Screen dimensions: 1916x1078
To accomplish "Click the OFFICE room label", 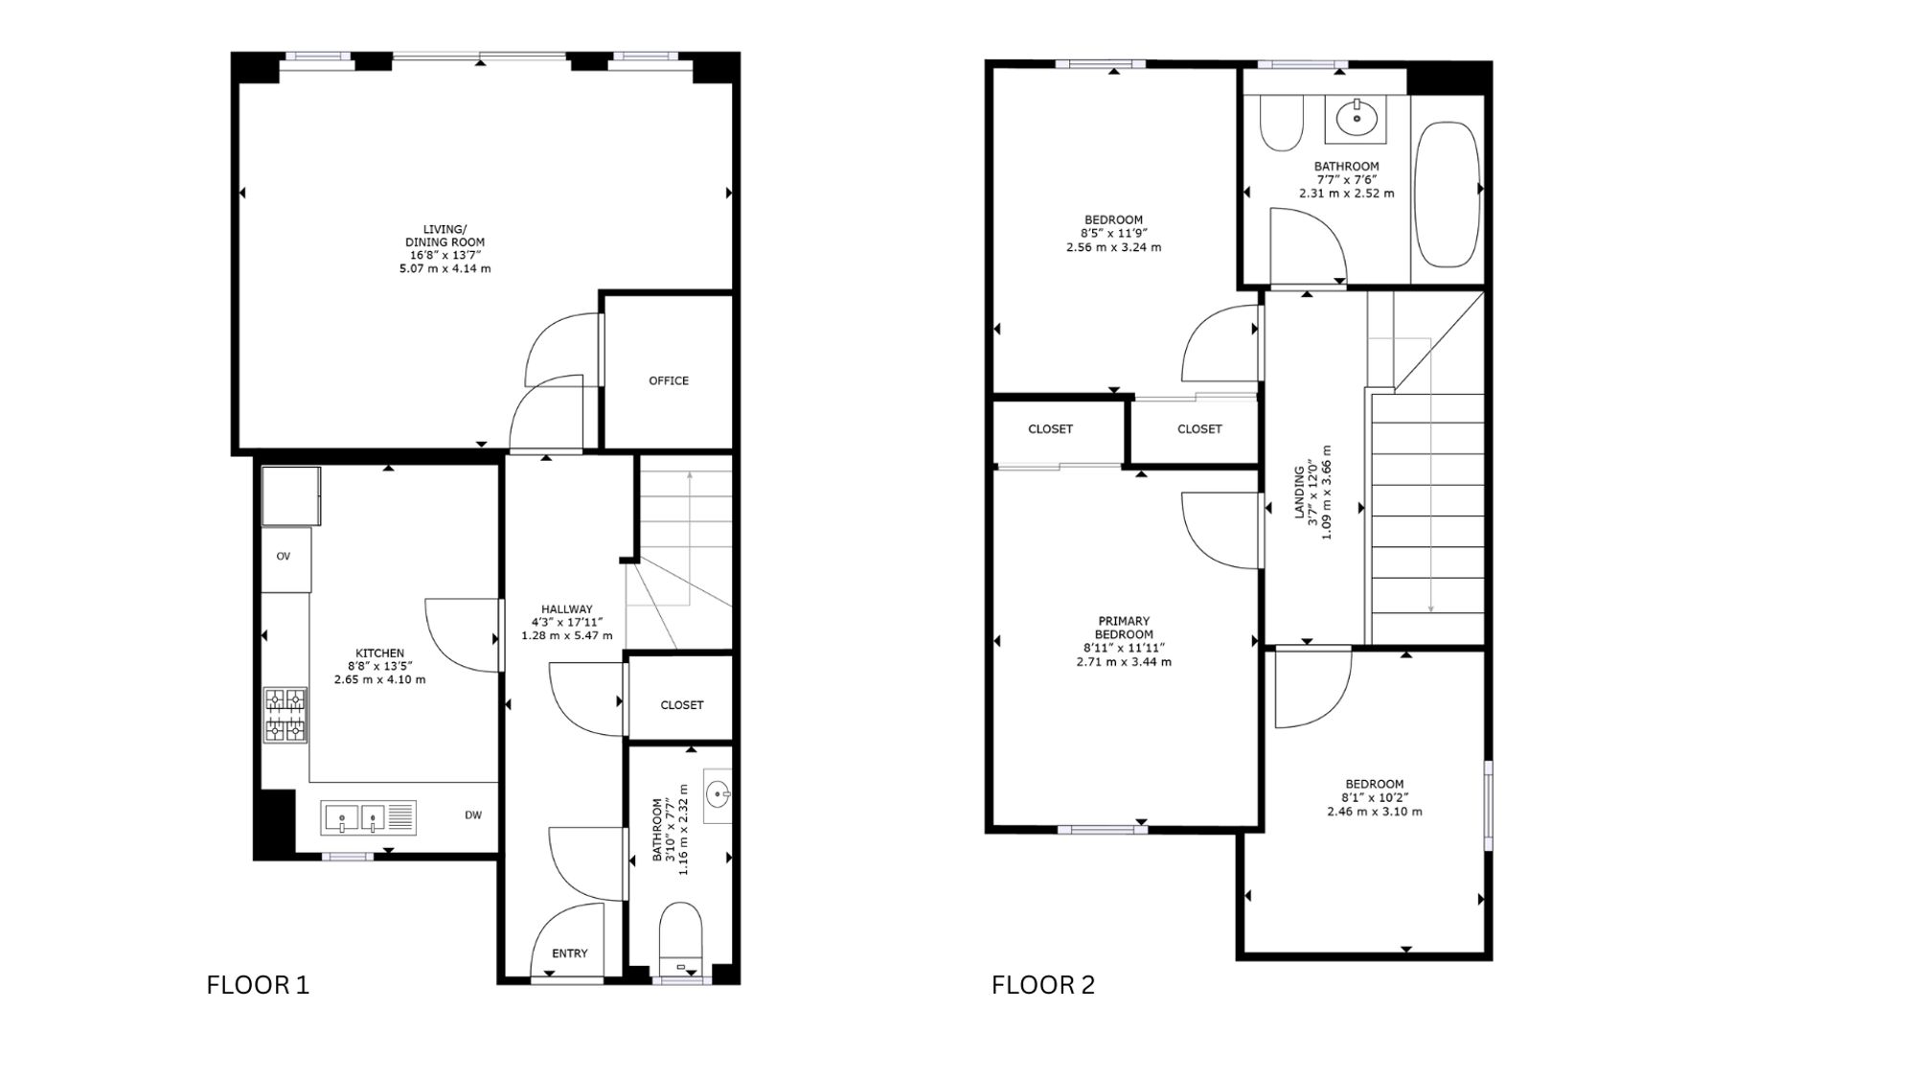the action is pyautogui.click(x=669, y=380).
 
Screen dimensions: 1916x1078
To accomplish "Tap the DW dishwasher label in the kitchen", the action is pyautogui.click(x=473, y=815).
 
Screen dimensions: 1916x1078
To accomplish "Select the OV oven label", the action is pyautogui.click(x=284, y=557).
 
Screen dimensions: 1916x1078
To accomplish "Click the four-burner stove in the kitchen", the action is pyautogui.click(x=285, y=715).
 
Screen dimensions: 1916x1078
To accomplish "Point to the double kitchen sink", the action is pyautogui.click(x=368, y=817).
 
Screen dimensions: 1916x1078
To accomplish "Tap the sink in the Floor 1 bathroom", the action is pyautogui.click(x=718, y=794).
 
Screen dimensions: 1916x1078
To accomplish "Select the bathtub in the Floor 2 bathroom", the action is pyautogui.click(x=1448, y=194).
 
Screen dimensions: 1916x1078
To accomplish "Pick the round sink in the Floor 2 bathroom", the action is pyautogui.click(x=1357, y=119).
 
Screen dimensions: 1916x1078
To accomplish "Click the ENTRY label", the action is pyautogui.click(x=570, y=953).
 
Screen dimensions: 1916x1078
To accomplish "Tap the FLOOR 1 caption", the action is pyautogui.click(x=258, y=985).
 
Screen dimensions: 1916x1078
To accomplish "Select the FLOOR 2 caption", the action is pyautogui.click(x=1043, y=985).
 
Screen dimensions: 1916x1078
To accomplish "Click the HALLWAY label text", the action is pyautogui.click(x=567, y=608).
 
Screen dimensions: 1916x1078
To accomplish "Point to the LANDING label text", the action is pyautogui.click(x=1300, y=492).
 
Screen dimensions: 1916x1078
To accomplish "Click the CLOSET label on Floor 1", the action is pyautogui.click(x=682, y=705).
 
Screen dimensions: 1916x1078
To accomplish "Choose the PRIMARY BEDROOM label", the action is pyautogui.click(x=1124, y=628).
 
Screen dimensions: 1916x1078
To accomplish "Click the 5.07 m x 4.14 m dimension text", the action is pyautogui.click(x=445, y=269).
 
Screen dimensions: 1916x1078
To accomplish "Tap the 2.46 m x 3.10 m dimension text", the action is pyautogui.click(x=1375, y=812).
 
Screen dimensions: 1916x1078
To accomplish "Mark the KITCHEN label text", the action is pyautogui.click(x=380, y=654).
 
